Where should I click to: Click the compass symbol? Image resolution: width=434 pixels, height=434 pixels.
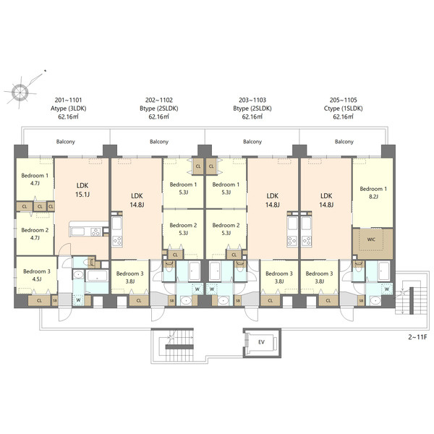coord(20,91)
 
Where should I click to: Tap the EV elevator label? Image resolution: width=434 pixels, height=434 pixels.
coord(261,342)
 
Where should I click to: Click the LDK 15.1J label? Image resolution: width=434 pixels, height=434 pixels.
coord(82,190)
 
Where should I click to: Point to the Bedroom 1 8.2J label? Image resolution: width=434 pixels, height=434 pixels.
coord(373,192)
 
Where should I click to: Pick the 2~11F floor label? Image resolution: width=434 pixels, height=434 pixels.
coord(417,337)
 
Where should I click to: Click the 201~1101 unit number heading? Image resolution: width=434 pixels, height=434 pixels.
coord(68,100)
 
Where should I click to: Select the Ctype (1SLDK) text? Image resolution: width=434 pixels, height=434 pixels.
coord(343,109)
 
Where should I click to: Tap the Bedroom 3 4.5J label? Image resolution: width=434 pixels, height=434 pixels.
coord(37,275)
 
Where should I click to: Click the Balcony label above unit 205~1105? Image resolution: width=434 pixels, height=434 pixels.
coord(344,142)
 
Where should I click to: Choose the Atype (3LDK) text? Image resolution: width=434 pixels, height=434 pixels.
coord(69,109)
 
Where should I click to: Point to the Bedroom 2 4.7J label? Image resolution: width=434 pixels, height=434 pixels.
coord(35,234)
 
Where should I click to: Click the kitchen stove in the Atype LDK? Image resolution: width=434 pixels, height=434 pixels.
coord(95,231)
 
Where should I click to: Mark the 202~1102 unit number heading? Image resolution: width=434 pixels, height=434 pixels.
coord(159,100)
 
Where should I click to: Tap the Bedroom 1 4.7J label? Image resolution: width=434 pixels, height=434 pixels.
coord(35,179)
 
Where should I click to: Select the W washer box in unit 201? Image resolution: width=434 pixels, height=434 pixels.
coord(78,300)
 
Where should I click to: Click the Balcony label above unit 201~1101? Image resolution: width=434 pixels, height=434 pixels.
coord(66,142)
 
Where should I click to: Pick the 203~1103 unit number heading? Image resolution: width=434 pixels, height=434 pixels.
coord(252,100)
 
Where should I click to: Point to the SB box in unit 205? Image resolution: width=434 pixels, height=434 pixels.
coord(361,301)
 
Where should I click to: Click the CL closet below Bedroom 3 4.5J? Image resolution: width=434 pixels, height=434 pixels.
coord(39,301)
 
